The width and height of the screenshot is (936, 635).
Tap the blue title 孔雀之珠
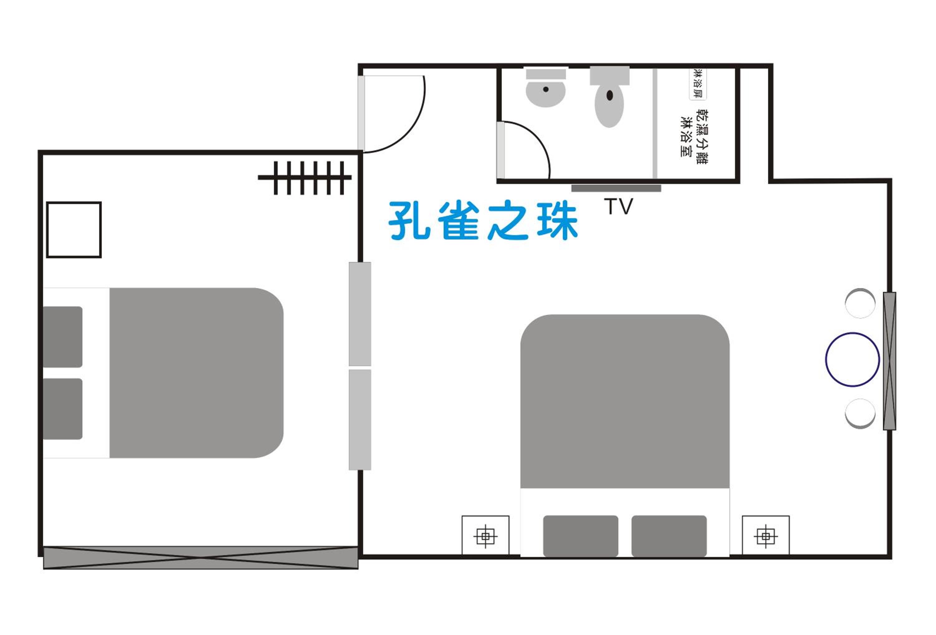[483, 220]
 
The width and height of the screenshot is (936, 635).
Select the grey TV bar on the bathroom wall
[616, 188]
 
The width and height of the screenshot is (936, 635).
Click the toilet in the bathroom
[609, 97]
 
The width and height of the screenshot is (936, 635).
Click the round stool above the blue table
[860, 303]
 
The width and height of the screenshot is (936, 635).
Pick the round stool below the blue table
[860, 414]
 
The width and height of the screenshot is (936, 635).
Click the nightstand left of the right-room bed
[485, 536]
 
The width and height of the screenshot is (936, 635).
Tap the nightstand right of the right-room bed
[766, 536]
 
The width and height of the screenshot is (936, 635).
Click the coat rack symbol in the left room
[305, 177]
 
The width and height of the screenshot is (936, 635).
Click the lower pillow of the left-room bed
[63, 409]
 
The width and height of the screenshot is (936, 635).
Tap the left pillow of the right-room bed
[580, 536]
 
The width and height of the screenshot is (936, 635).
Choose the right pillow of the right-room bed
[669, 536]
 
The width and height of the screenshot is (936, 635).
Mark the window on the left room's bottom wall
[201, 558]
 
